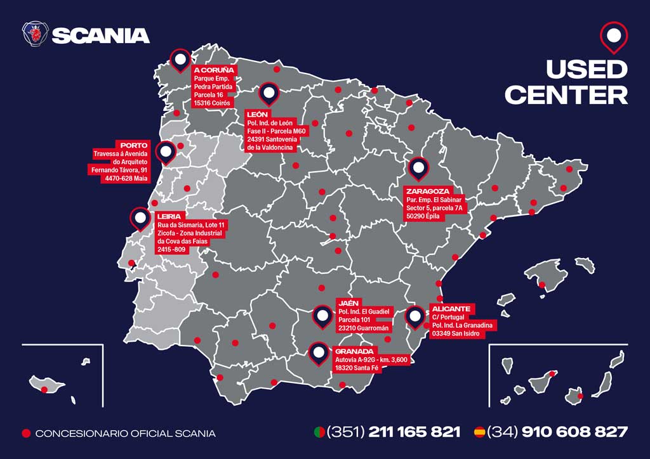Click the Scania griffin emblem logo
36,34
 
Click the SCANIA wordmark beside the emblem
100,36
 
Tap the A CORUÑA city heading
215,70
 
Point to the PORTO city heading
134,145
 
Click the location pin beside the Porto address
166,152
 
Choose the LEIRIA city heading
169,216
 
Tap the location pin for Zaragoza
418,168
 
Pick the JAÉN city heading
350,304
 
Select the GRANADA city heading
355,351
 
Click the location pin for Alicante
415,316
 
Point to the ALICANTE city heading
451,309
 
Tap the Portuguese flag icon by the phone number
320,432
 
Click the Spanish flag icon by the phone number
480,432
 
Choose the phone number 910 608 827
574,432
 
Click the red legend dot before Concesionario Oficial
26,434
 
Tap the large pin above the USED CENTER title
613,37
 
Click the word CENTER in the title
566,95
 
